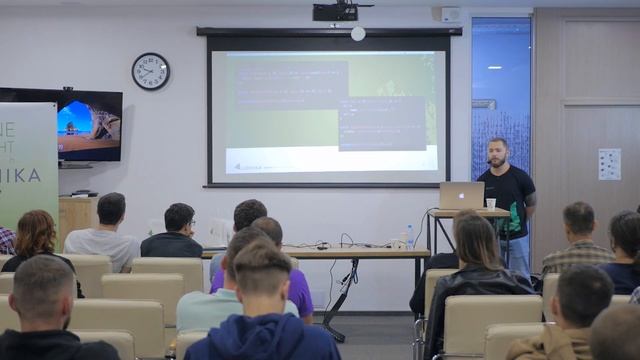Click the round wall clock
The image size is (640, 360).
click(150, 71)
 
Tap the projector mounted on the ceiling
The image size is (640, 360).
click(337, 11)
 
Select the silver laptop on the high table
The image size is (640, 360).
click(461, 195)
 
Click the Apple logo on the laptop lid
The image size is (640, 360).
click(462, 194)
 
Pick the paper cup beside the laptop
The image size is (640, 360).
click(491, 203)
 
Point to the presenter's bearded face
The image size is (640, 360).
click(498, 154)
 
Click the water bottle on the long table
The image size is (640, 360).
click(409, 236)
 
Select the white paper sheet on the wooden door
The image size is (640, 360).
click(609, 164)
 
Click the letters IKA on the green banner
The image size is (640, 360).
click(30, 177)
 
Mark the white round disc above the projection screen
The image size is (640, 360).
click(358, 33)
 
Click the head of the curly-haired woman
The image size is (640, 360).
click(37, 232)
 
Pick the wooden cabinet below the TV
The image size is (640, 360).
click(77, 216)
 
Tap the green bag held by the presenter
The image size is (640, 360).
click(514, 216)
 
